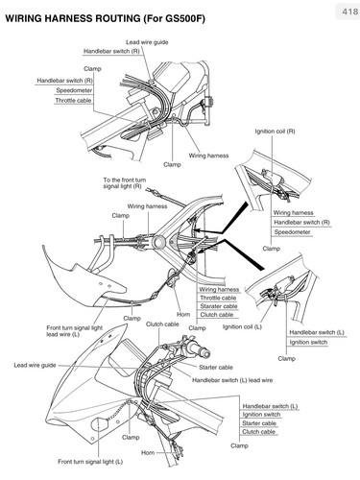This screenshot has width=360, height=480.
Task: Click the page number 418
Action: [349, 12]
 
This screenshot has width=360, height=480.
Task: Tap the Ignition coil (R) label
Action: [275, 132]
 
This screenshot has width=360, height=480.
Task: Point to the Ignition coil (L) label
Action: [242, 326]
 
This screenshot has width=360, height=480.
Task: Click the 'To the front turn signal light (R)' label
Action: [125, 183]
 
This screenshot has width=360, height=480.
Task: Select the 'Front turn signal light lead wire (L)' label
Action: [74, 331]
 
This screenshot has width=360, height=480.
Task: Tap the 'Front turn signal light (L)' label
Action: [90, 462]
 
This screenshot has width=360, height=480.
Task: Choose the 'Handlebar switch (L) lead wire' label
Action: [232, 380]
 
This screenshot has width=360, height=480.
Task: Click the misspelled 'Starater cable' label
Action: [219, 306]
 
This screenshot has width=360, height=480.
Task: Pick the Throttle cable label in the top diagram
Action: [73, 101]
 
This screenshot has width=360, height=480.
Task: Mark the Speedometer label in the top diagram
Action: [74, 90]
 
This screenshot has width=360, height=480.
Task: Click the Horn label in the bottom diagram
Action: [148, 453]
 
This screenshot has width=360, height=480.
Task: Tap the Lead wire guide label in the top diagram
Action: [147, 42]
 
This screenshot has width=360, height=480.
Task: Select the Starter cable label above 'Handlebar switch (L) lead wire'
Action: [216, 368]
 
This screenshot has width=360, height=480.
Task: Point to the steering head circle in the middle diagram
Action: [158, 242]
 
